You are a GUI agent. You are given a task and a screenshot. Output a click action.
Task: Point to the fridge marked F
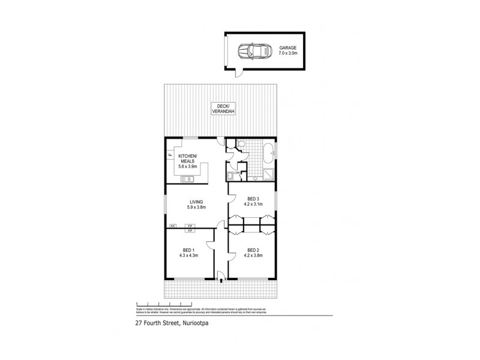(170, 156)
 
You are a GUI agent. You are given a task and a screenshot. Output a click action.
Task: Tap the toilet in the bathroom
(241, 144)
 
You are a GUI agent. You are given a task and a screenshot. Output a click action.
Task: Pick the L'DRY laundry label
(238, 173)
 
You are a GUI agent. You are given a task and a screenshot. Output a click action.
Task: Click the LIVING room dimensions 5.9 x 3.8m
(196, 208)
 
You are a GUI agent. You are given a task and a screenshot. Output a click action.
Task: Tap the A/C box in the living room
(172, 226)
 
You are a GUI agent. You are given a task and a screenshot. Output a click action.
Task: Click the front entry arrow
(221, 278)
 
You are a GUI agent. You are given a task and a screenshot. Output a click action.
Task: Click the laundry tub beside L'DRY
(230, 176)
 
